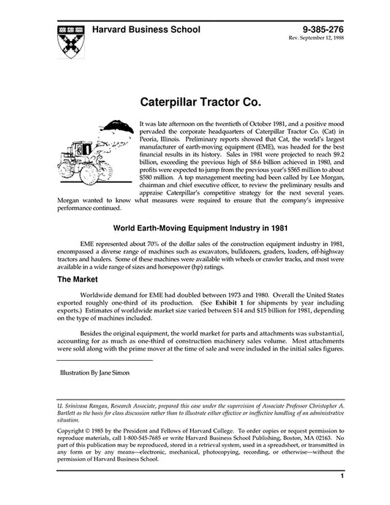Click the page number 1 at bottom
(342, 476)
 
